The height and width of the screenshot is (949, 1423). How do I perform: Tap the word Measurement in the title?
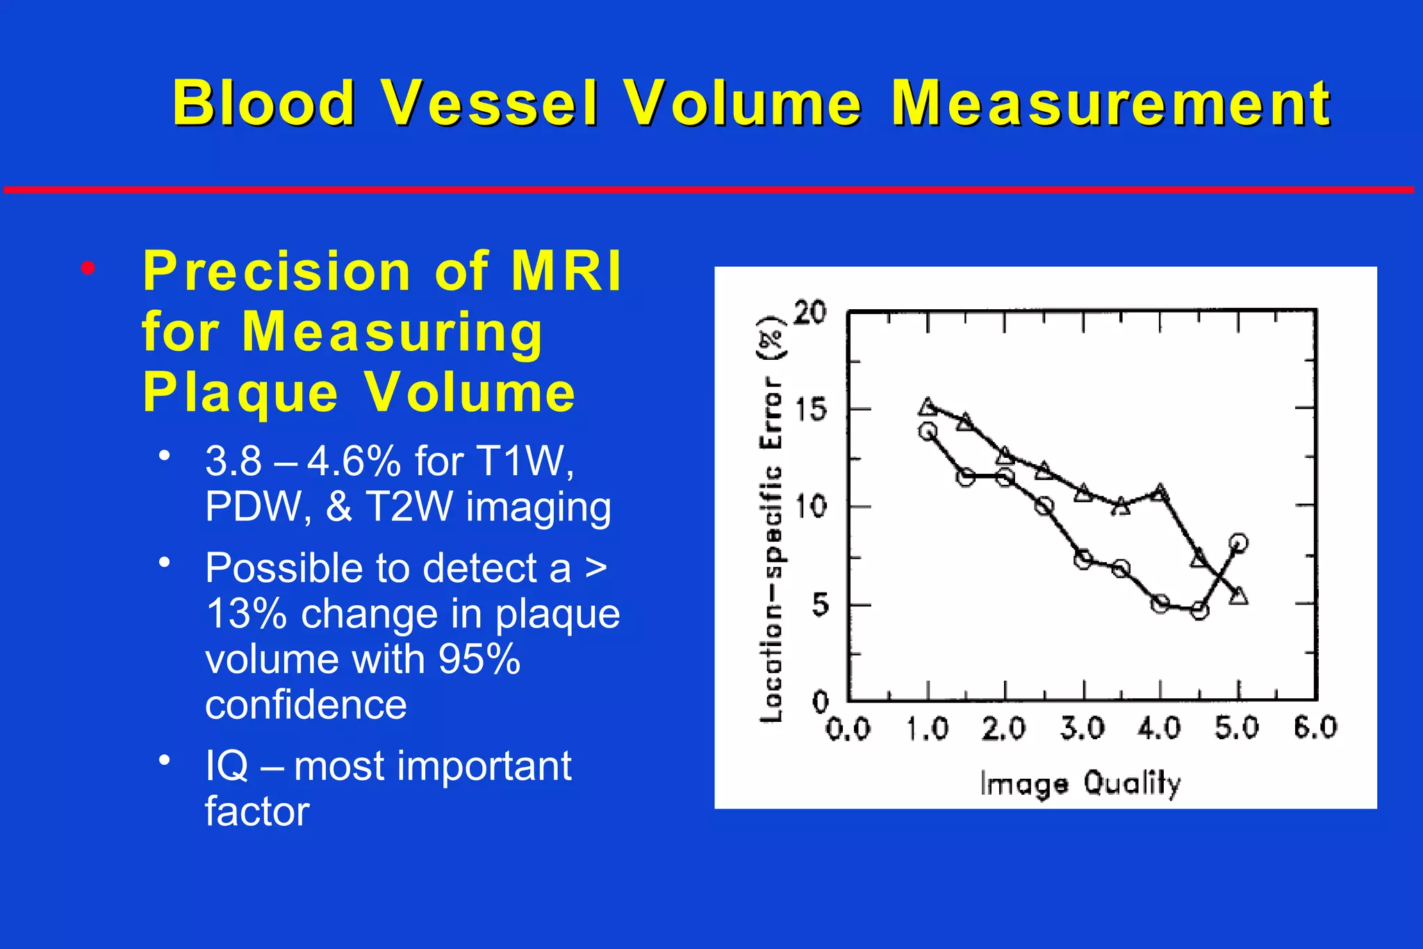click(1110, 103)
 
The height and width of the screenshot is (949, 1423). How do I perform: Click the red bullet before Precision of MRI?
click(87, 269)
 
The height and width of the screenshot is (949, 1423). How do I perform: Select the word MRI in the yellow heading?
click(566, 271)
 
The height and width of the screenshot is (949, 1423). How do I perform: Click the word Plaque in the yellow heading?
click(240, 393)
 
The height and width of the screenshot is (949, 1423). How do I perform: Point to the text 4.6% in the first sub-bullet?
click(354, 461)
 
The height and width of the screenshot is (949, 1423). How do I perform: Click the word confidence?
click(306, 705)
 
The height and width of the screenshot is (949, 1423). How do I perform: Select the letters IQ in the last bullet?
click(227, 766)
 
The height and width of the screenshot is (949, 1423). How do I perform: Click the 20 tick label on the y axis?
click(809, 313)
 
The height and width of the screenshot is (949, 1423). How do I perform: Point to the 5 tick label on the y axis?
click(820, 605)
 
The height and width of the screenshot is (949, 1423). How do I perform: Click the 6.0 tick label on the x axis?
click(1315, 727)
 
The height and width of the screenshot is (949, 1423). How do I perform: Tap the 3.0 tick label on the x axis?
click(1082, 728)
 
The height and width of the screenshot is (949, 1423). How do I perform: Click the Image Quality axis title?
click(1080, 784)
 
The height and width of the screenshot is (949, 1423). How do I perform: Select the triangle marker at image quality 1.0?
click(928, 407)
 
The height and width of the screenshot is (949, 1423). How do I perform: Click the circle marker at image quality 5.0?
click(1237, 543)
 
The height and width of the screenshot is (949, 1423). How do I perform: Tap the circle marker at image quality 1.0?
click(928, 431)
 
